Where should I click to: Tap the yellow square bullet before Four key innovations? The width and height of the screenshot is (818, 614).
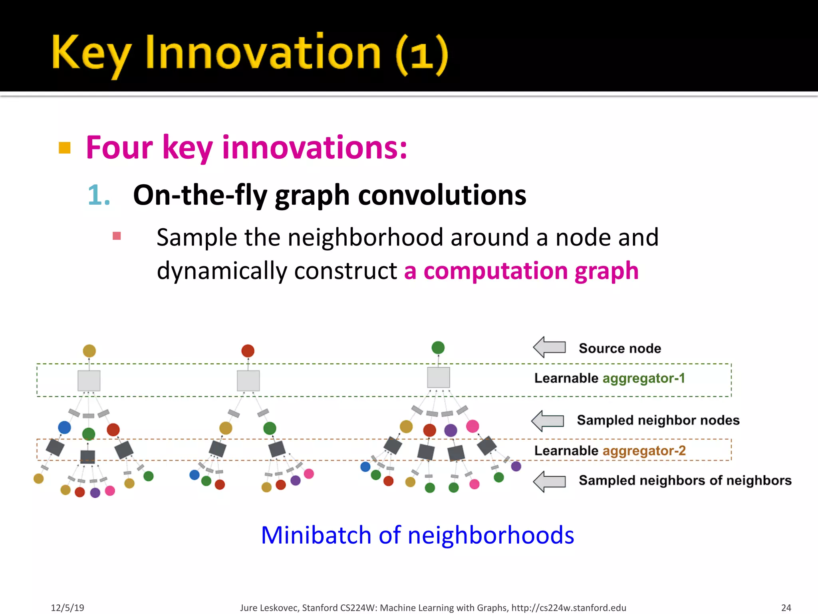pyautogui.click(x=64, y=148)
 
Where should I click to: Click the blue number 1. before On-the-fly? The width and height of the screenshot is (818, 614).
pyautogui.click(x=99, y=195)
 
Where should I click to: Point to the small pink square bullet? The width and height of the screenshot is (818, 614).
pyautogui.click(x=117, y=236)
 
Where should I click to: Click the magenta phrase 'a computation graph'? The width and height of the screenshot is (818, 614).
pyautogui.click(x=521, y=271)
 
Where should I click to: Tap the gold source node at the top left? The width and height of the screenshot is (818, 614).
pyautogui.click(x=89, y=351)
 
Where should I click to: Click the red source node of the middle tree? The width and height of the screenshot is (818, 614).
pyautogui.click(x=248, y=351)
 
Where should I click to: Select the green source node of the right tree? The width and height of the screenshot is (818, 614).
pyautogui.click(x=438, y=347)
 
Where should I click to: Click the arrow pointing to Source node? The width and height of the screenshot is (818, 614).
pyautogui.click(x=550, y=347)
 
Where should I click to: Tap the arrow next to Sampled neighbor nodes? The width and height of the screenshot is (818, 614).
pyautogui.click(x=548, y=421)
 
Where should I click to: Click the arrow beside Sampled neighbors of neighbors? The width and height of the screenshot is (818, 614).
pyautogui.click(x=550, y=481)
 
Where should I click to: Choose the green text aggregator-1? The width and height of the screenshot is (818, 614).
pyautogui.click(x=643, y=378)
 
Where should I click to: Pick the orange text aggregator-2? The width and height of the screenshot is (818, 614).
pyautogui.click(x=644, y=451)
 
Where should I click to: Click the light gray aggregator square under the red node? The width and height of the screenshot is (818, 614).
pyautogui.click(x=248, y=381)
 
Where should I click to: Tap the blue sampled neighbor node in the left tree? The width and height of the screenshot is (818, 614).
pyautogui.click(x=64, y=427)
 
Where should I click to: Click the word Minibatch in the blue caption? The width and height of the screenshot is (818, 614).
pyautogui.click(x=316, y=535)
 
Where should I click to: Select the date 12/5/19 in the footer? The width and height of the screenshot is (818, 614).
pyautogui.click(x=68, y=608)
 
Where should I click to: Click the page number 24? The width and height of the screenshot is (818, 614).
pyautogui.click(x=786, y=608)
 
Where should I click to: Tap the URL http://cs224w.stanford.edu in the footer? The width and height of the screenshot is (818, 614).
pyautogui.click(x=569, y=608)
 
